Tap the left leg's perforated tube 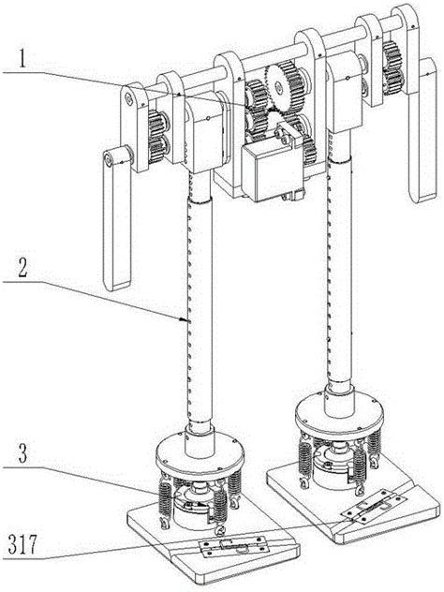pyautogui.click(x=202, y=309)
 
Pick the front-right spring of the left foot pyautogui.click(x=224, y=507)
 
